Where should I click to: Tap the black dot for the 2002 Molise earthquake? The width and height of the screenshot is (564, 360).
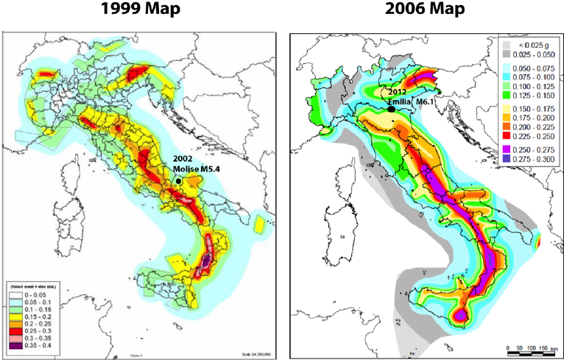click(179, 180)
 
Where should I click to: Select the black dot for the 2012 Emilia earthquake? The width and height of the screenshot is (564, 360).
click(391, 109)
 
